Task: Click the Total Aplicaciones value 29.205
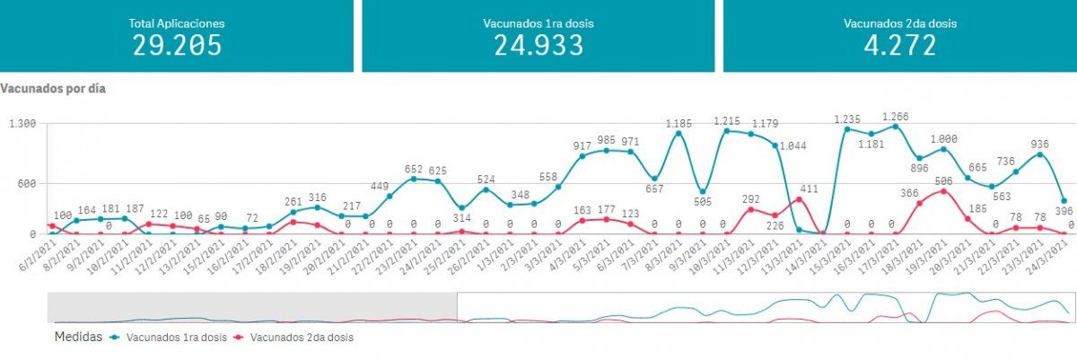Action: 177,46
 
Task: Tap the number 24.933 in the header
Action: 538,46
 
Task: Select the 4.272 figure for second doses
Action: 897,46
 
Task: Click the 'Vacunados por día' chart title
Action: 53,90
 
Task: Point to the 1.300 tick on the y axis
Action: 21,124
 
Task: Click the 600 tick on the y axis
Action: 24,184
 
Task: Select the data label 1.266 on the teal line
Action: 896,116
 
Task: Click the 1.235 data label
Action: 847,119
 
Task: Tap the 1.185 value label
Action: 679,123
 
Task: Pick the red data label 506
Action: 944,180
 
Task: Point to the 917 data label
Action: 582,146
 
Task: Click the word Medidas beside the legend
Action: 77,338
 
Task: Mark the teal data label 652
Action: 414,169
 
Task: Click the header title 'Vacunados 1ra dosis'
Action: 538,23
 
